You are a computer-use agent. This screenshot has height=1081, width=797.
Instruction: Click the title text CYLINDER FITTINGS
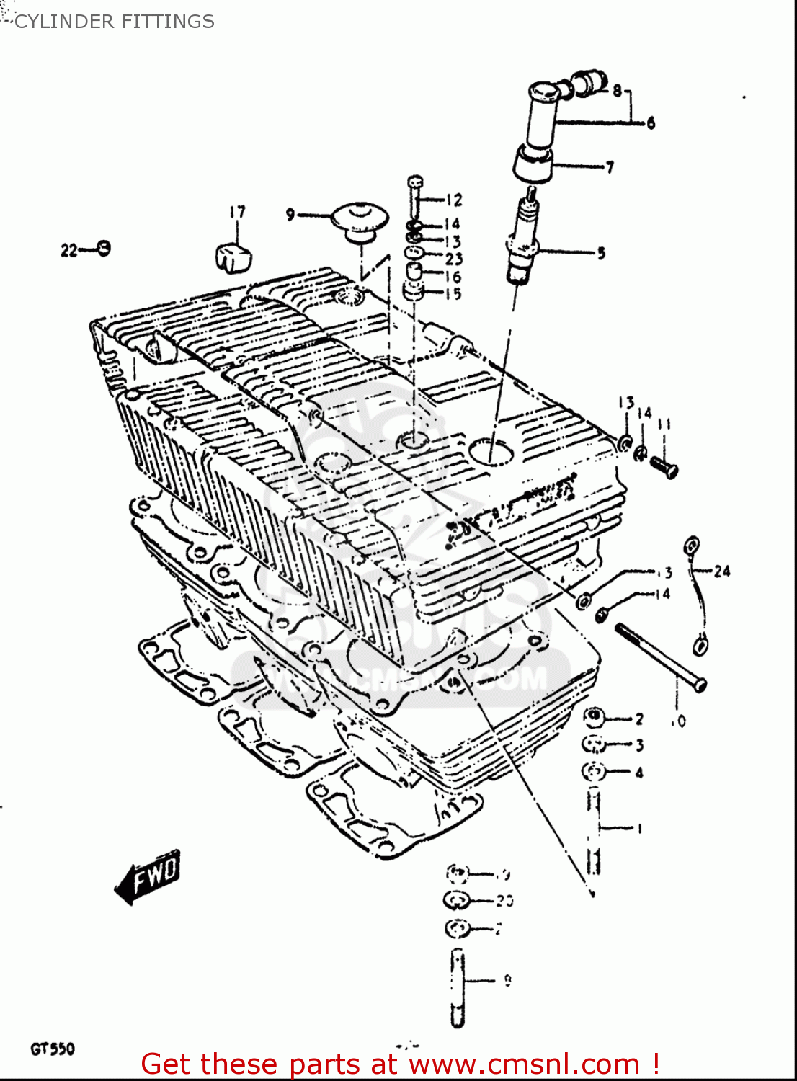click(x=114, y=22)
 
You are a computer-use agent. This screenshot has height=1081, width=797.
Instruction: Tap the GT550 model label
click(x=52, y=1049)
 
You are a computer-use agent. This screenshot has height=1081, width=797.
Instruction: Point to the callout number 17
click(x=237, y=212)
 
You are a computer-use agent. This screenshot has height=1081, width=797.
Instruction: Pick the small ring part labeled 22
click(x=104, y=249)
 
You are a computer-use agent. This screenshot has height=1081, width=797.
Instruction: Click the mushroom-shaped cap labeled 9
click(x=360, y=220)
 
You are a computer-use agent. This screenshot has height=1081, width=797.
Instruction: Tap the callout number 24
click(x=722, y=571)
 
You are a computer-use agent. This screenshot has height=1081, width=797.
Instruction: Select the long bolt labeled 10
click(x=660, y=657)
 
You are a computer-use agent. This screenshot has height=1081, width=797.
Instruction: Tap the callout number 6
click(x=651, y=123)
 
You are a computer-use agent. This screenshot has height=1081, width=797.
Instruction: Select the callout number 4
click(x=638, y=773)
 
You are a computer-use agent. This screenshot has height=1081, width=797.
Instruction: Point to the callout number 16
click(x=453, y=277)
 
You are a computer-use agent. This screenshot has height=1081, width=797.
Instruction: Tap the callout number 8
click(x=618, y=91)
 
